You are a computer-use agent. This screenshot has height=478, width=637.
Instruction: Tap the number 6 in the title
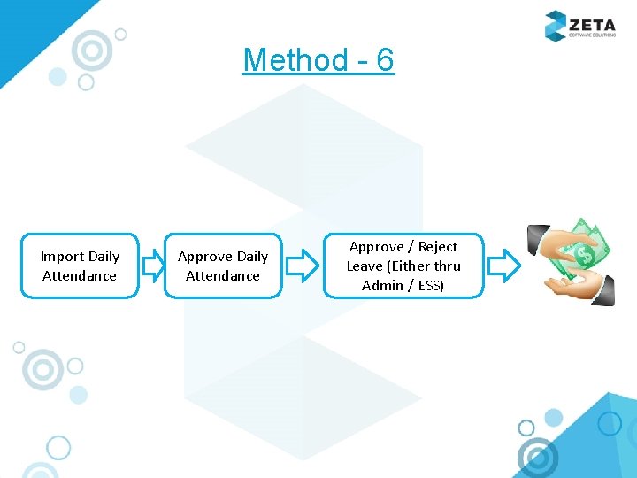pos(385,60)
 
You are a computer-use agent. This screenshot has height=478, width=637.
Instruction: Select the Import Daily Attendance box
pos(80,266)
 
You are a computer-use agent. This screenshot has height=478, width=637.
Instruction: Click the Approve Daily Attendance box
pos(223,266)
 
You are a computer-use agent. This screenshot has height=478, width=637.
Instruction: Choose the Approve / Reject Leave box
pos(403,266)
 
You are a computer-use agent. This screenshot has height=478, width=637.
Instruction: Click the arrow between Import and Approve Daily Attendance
pos(153,265)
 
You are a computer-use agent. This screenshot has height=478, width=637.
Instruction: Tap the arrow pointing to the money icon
pos(504,265)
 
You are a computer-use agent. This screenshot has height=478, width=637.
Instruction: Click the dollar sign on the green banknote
pos(584,256)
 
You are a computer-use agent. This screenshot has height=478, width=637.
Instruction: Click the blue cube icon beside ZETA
pos(555,25)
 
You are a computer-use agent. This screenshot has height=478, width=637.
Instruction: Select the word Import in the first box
pos(61,257)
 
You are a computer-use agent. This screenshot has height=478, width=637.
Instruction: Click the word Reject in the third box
pos(438,247)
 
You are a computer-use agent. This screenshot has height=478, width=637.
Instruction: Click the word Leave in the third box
pos(365,266)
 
